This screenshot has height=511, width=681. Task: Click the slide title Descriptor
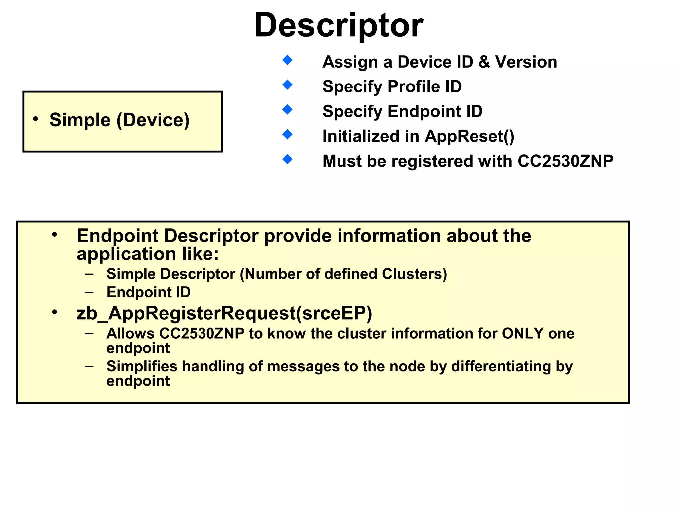click(339, 25)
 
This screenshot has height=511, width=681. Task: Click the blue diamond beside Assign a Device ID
click(287, 60)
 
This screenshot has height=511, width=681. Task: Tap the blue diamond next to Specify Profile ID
click(287, 85)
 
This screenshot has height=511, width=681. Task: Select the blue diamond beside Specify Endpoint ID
click(287, 109)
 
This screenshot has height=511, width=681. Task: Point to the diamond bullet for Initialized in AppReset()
click(287, 134)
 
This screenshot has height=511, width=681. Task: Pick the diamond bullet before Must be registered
click(287, 159)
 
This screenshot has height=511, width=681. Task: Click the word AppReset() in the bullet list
click(470, 136)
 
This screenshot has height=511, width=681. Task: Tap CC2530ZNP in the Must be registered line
click(565, 161)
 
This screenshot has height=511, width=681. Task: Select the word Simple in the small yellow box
click(80, 120)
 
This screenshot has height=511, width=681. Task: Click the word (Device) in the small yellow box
click(153, 120)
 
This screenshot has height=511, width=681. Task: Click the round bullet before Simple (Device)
click(36, 119)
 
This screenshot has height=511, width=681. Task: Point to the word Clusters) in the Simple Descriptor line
click(414, 274)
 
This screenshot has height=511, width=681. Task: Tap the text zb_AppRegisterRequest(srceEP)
click(224, 313)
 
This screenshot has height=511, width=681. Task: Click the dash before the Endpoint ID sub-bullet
click(89, 293)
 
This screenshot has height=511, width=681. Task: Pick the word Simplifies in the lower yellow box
click(142, 366)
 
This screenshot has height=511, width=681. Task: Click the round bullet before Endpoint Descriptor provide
click(55, 235)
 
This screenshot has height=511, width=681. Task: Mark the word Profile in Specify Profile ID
click(414, 87)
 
